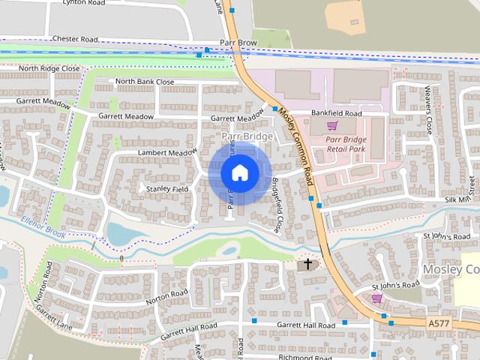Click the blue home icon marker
(239, 172)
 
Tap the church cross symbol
(306, 265)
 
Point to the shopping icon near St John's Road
(376, 298)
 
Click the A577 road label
(441, 322)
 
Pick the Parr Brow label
(238, 43)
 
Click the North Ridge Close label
(49, 68)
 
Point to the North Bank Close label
(145, 82)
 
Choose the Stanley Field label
(167, 188)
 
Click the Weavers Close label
(429, 109)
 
